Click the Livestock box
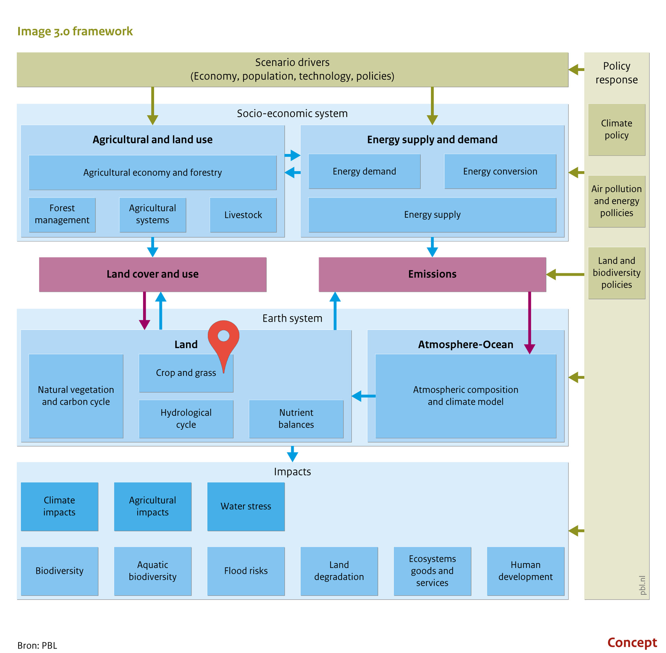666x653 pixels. (x=243, y=215)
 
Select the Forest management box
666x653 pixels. (x=62, y=215)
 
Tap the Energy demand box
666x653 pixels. (x=364, y=171)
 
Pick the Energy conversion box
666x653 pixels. (x=500, y=171)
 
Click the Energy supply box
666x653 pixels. (x=432, y=215)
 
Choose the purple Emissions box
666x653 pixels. (x=432, y=274)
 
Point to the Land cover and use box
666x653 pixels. (x=153, y=274)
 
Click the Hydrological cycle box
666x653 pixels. (x=186, y=419)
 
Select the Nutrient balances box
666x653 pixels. (x=296, y=419)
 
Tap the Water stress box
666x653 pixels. (x=246, y=507)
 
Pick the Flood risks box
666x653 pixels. (x=246, y=571)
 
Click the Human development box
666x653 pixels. (x=525, y=571)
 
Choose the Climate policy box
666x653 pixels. (x=617, y=130)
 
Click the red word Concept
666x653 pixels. (x=632, y=642)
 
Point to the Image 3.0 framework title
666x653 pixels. (x=75, y=31)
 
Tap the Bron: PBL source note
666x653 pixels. (x=37, y=645)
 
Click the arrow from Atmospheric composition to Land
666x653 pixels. (x=364, y=396)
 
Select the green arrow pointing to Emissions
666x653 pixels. (x=565, y=274)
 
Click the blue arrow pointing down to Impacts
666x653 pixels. (x=292, y=454)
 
